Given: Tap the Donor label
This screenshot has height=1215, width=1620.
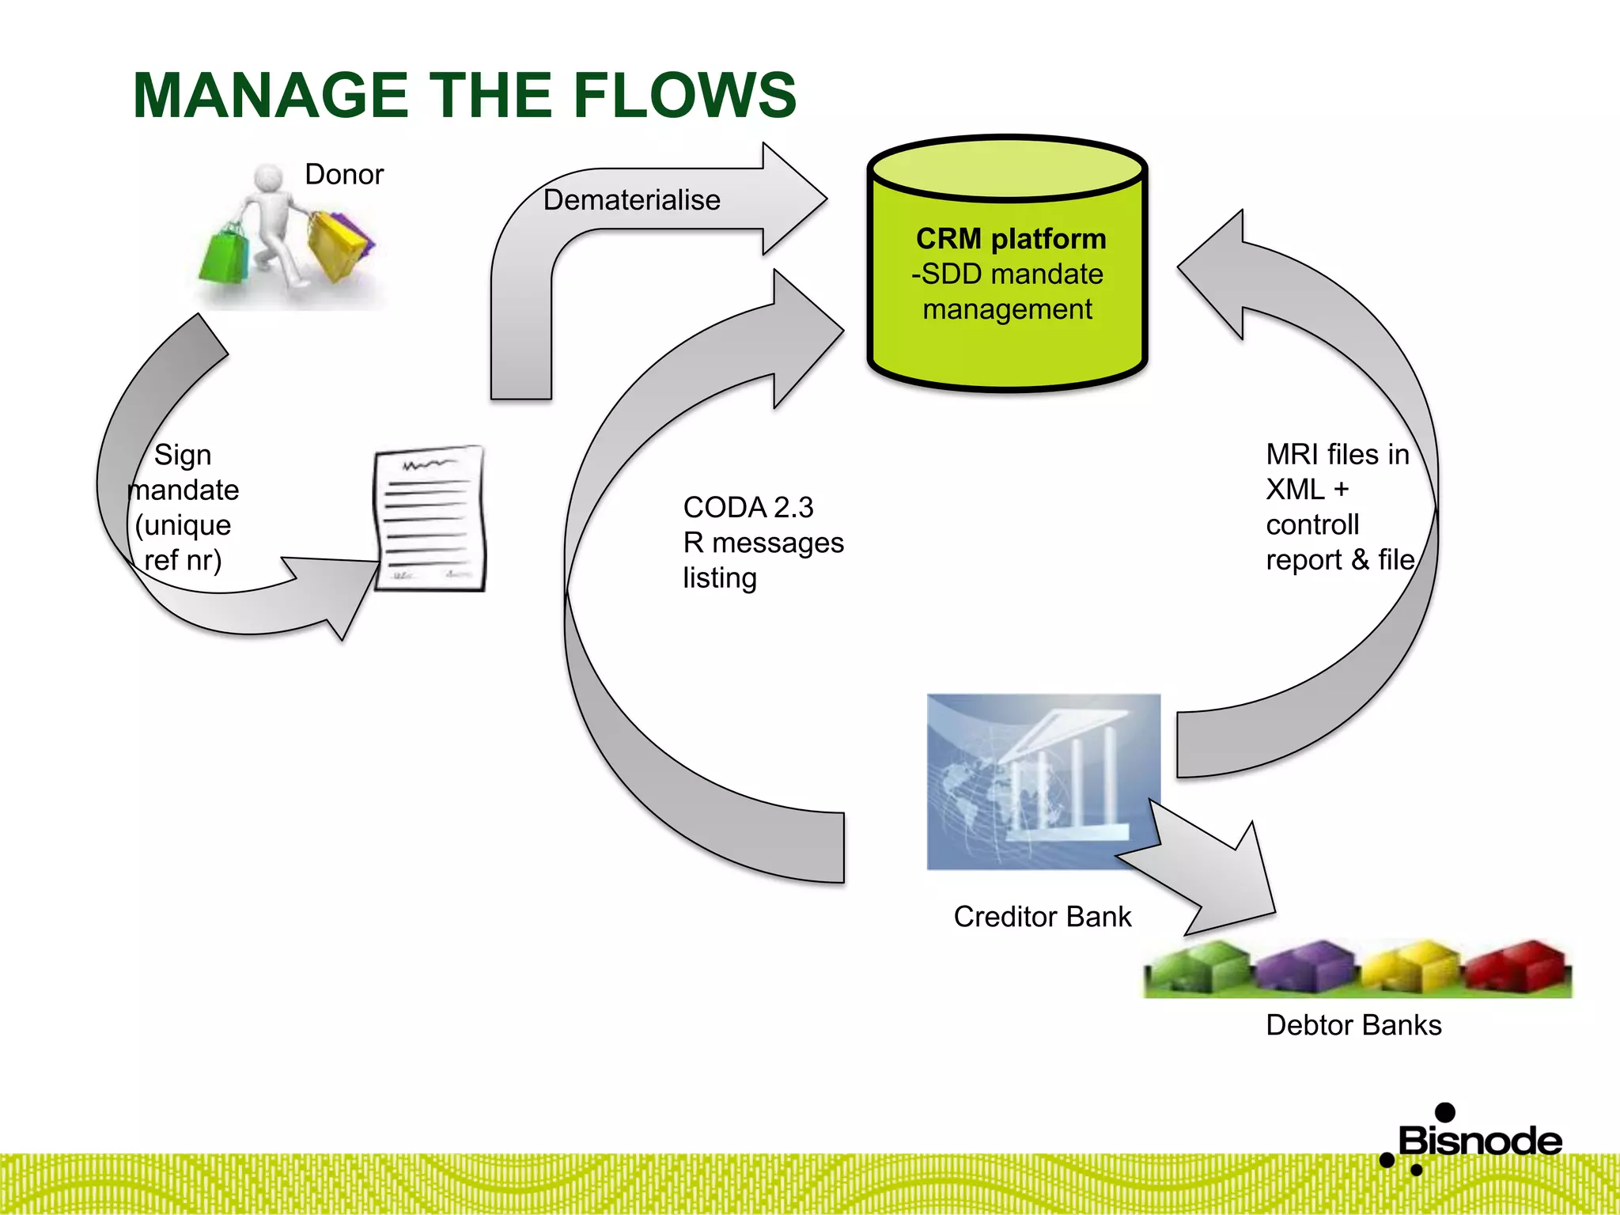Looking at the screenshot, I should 344,174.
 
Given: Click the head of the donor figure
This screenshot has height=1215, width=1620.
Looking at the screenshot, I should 269,178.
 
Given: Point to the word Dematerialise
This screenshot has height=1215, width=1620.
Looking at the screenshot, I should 631,199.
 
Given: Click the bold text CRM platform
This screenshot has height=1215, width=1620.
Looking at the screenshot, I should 1010,238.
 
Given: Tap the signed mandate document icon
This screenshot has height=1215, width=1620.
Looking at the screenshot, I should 430,518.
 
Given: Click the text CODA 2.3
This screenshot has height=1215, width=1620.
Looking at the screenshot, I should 748,507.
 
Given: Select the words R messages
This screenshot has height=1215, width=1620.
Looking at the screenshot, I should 763,543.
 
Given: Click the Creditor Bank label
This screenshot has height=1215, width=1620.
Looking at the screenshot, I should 1042,916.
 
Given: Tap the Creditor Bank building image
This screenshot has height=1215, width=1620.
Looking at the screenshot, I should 1043,782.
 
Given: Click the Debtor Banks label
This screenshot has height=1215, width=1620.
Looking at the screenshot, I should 1353,1024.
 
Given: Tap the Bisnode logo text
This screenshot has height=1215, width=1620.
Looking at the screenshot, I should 1479,1141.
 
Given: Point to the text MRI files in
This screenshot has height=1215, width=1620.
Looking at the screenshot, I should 1337,454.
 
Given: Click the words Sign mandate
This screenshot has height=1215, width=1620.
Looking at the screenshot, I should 183,472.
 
